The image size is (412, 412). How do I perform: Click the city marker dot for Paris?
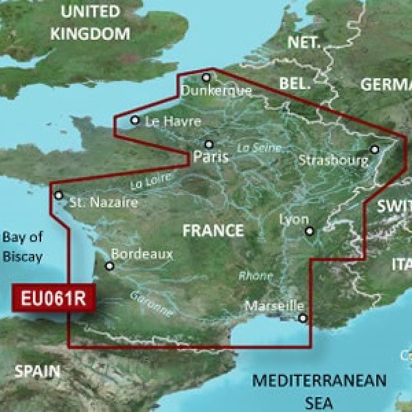point(209,144)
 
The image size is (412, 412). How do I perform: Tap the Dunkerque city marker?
point(206,78)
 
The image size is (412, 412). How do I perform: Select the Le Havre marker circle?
point(135,121)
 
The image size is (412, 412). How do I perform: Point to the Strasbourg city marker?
point(375,149)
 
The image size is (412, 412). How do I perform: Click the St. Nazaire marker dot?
point(59,195)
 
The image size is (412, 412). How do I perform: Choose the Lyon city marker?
point(309,231)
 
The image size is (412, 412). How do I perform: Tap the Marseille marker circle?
point(302,317)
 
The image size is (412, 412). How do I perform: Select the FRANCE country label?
point(213,231)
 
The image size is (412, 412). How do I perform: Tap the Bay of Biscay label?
point(22,247)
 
